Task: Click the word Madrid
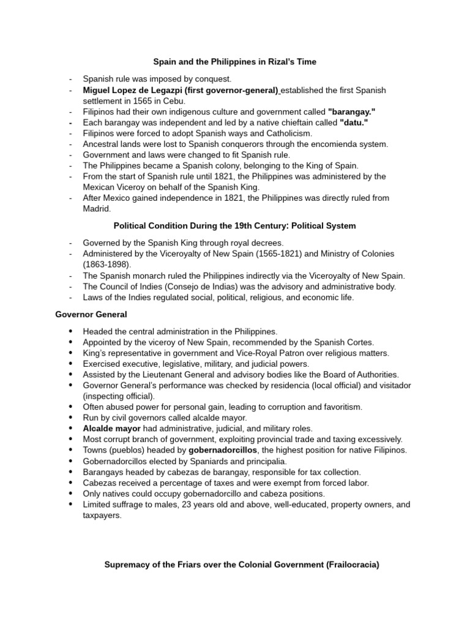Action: pyautogui.click(x=98, y=208)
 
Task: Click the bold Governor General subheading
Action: pyautogui.click(x=91, y=315)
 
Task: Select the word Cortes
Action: pyautogui.click(x=360, y=342)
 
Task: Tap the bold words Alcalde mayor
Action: pyautogui.click(x=112, y=428)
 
